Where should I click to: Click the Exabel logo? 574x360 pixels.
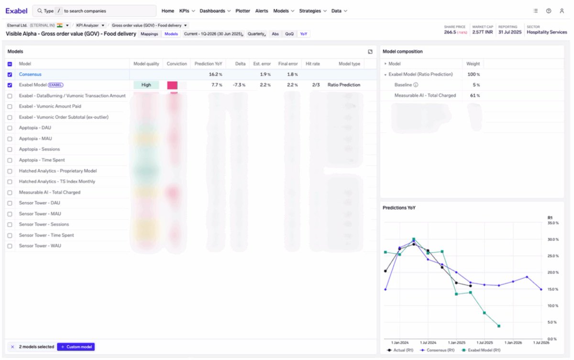point(16,11)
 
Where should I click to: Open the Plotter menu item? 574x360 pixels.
point(243,11)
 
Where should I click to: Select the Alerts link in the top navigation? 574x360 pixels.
point(262,11)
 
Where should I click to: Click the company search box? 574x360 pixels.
point(96,11)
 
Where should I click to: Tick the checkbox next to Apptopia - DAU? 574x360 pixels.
point(10,128)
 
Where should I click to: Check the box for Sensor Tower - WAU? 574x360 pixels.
point(10,246)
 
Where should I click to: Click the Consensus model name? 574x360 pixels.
point(30,74)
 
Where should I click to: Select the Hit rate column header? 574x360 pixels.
point(312,64)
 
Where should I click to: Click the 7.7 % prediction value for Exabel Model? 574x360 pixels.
point(216,85)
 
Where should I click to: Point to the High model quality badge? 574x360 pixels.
point(146,85)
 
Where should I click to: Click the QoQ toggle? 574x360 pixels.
point(289,34)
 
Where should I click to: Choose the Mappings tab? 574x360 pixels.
point(149,34)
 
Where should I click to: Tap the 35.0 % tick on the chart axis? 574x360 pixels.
point(552,223)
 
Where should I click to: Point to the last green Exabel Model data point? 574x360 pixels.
point(499,326)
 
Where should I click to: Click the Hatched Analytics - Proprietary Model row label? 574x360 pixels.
point(57,171)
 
